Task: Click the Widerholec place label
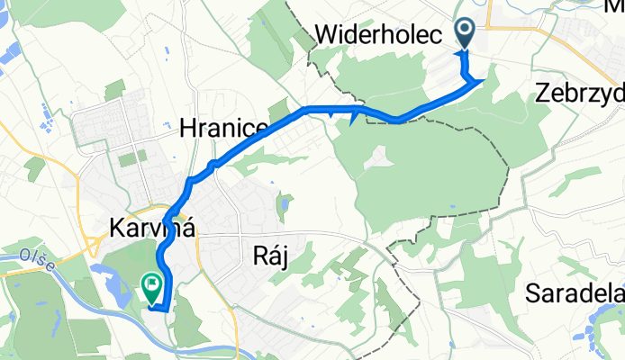(x=378, y=35)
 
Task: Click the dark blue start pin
(x=466, y=32)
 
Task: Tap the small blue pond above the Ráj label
(x=285, y=205)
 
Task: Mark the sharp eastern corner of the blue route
(x=484, y=81)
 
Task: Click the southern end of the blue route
(x=163, y=309)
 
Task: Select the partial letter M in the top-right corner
(x=615, y=6)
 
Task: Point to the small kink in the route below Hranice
(x=213, y=164)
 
